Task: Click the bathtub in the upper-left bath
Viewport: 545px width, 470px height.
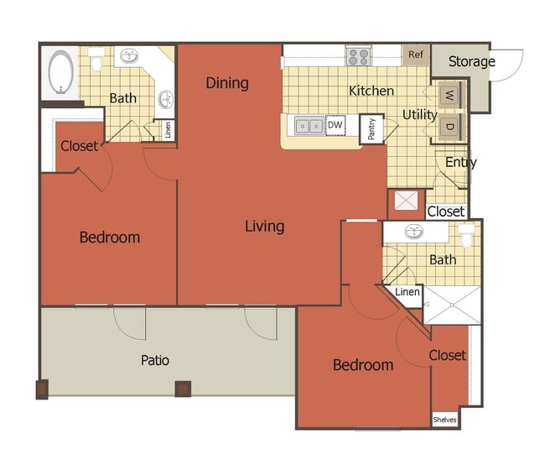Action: coord(60,73)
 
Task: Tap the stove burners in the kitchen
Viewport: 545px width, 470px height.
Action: coord(359,56)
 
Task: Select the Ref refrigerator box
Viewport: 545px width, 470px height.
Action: coord(415,55)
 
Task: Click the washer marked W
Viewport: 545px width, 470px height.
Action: coord(448,94)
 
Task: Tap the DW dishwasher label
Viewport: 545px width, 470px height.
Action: coord(335,126)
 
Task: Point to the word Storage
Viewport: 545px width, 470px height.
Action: coord(471,61)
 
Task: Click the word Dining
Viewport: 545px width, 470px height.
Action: coord(227,82)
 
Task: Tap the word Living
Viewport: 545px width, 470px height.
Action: coord(264,226)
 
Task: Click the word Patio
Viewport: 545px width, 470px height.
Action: coord(154,360)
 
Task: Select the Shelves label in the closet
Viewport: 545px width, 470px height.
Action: coord(445,419)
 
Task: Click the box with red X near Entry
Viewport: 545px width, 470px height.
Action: coord(406,203)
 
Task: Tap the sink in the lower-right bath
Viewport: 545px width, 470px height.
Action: coord(414,232)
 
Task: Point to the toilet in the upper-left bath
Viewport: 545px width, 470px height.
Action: coord(97,59)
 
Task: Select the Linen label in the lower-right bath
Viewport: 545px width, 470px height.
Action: coord(407,292)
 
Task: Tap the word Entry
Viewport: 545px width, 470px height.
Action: coord(460,162)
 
